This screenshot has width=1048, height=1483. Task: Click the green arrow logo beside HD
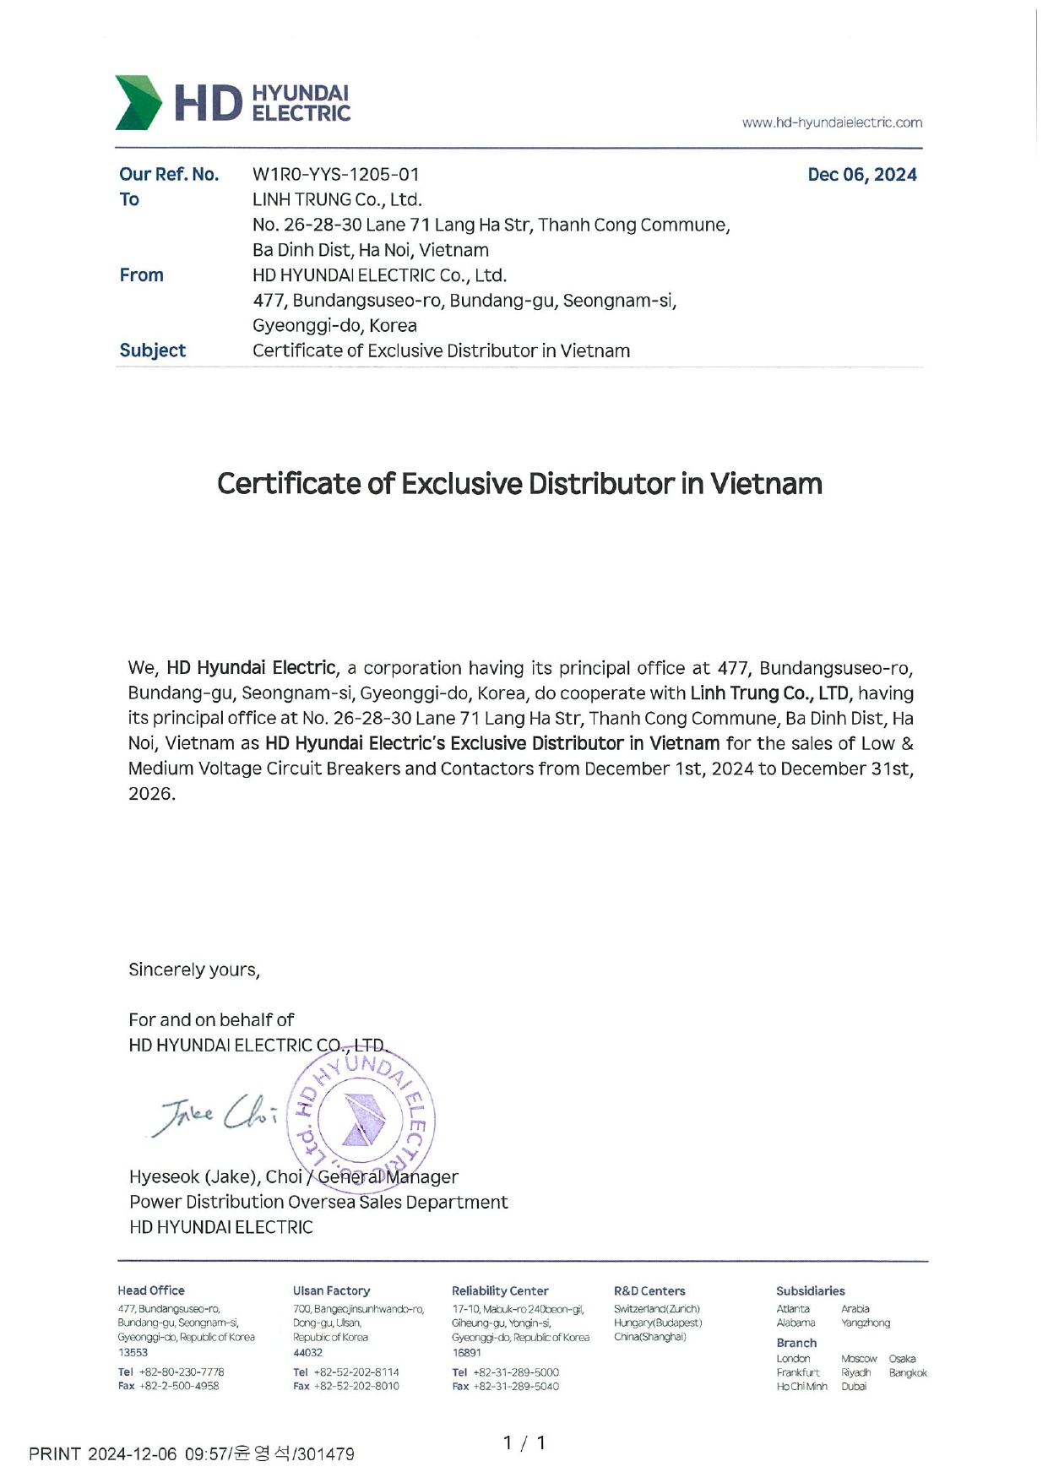tap(138, 103)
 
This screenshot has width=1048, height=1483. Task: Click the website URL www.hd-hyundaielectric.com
tap(832, 122)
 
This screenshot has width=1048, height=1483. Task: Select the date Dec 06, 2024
tap(861, 175)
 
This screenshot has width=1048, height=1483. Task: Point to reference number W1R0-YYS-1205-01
tap(335, 175)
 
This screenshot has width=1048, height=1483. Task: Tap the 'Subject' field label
tap(152, 350)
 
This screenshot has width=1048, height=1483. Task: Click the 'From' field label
tap(141, 275)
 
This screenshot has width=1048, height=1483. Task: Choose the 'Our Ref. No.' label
tap(169, 175)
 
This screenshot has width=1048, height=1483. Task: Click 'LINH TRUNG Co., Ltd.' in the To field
tap(337, 200)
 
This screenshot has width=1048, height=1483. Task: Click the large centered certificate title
tap(519, 484)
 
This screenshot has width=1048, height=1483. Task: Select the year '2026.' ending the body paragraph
tap(152, 794)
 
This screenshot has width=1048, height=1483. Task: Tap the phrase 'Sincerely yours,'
tap(194, 970)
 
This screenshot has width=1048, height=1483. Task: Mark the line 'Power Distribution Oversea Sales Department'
tap(318, 1202)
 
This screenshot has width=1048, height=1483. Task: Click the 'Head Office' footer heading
tap(151, 1290)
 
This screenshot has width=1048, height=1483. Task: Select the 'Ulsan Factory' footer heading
tap(331, 1290)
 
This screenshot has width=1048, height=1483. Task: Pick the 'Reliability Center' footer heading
tap(500, 1290)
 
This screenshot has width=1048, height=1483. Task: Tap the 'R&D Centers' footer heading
tap(649, 1290)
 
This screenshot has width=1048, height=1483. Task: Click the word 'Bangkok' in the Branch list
tap(908, 1372)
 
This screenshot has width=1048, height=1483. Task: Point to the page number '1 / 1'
tap(524, 1443)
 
